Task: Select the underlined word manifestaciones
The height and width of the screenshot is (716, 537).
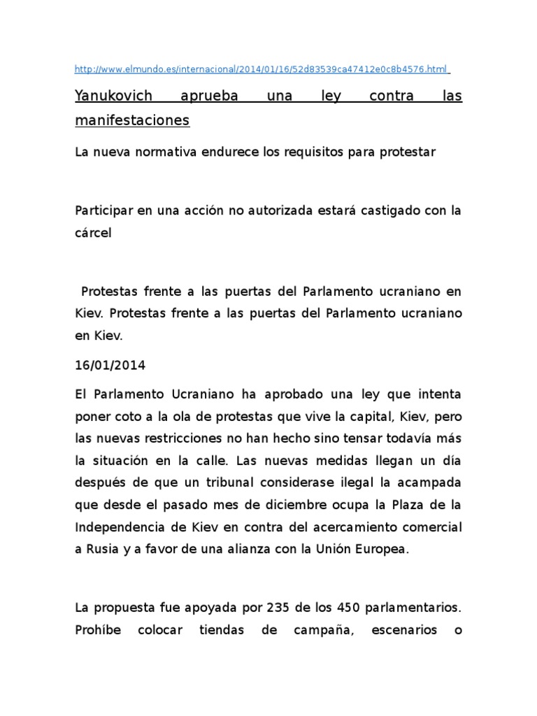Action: point(132,120)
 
